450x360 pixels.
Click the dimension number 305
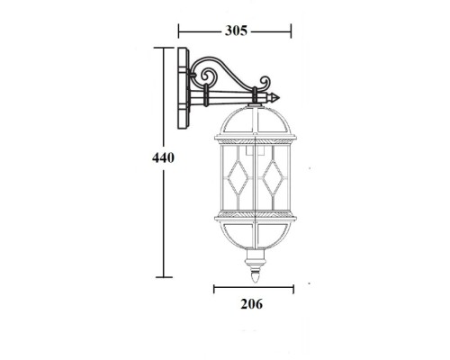point(236,31)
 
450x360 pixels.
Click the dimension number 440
point(163,157)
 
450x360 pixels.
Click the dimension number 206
point(251,304)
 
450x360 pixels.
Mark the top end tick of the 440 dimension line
point(163,49)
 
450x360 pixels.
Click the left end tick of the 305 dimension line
point(178,31)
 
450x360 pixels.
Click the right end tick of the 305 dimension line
point(292,31)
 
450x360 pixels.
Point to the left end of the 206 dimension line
point(213,288)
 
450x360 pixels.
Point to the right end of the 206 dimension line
point(293,288)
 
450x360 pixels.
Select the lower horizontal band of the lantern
point(255,217)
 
